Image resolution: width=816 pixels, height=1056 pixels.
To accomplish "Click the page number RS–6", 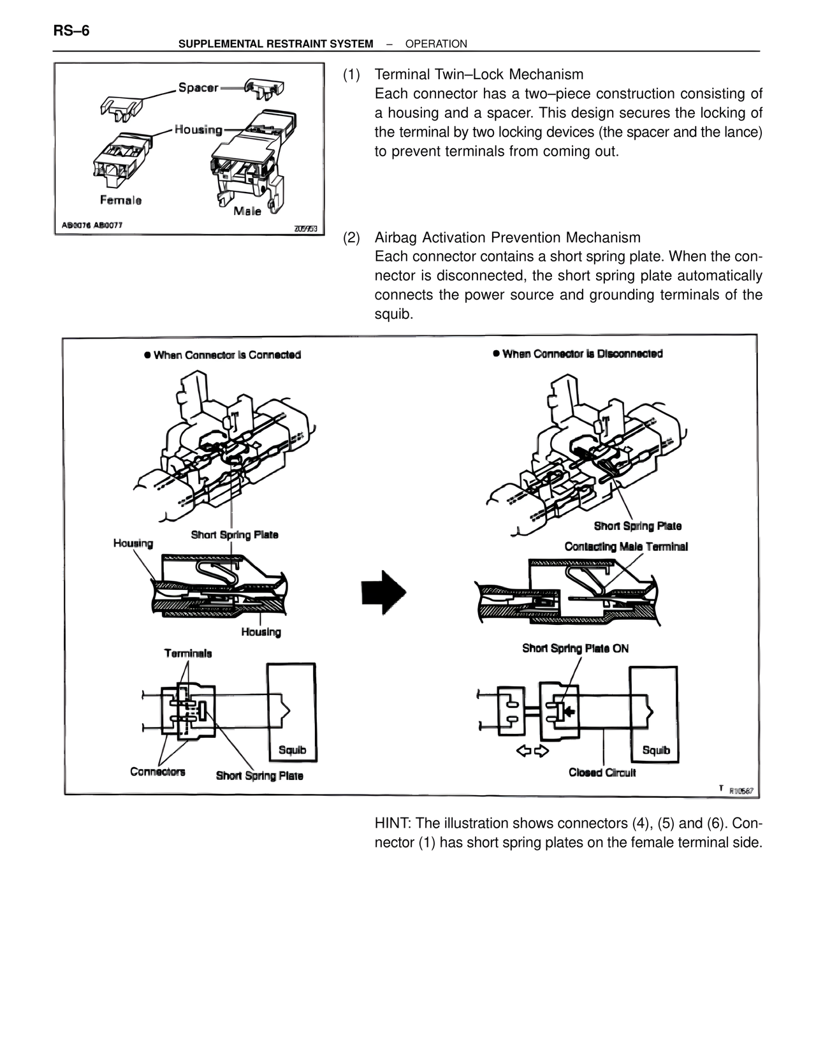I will [x=71, y=30].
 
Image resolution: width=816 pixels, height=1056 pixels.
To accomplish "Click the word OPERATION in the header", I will [x=436, y=44].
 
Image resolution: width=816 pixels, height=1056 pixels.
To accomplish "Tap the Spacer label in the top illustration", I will [x=198, y=87].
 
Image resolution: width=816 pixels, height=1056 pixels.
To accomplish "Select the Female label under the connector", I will [x=120, y=200].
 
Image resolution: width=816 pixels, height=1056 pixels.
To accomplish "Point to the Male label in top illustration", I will [x=247, y=211].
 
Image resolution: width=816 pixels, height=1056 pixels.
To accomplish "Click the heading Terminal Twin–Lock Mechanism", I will [x=479, y=75].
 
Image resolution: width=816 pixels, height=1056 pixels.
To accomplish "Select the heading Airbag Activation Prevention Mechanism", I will [x=507, y=238].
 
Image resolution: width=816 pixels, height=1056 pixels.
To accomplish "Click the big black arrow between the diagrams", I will [x=384, y=592].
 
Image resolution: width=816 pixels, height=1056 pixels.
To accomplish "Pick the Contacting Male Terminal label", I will [x=626, y=546].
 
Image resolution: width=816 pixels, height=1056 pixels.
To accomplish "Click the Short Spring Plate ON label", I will [x=575, y=649].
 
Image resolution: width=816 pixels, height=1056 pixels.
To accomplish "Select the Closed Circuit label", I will [x=602, y=773].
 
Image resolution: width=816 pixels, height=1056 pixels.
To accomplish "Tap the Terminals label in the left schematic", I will [x=188, y=653].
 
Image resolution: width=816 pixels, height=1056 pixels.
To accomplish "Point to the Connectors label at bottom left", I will [x=157, y=772].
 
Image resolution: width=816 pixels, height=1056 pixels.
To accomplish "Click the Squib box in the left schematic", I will [x=292, y=712].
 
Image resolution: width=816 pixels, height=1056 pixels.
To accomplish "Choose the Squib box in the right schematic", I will [x=653, y=714].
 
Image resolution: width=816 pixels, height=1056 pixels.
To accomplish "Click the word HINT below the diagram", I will [x=392, y=823].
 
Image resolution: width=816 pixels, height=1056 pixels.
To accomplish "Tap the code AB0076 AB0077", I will [x=92, y=225].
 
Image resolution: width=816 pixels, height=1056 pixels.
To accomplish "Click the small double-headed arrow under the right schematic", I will [x=532, y=751].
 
